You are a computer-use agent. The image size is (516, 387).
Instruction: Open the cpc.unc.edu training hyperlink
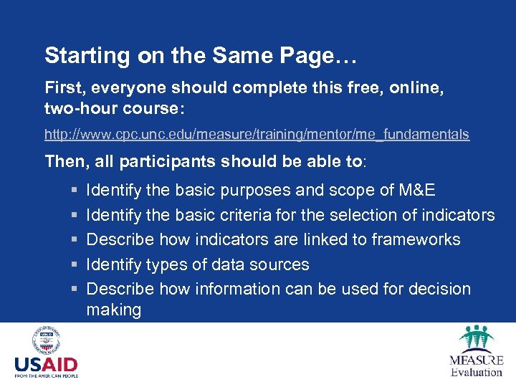257,134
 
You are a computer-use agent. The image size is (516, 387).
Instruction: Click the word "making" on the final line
113,310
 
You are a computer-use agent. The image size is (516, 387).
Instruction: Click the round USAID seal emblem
46,340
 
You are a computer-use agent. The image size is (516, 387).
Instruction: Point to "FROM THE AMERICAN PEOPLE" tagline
46,376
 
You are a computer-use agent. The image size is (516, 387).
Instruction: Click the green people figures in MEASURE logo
476,338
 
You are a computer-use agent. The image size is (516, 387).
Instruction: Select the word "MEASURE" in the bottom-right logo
476,360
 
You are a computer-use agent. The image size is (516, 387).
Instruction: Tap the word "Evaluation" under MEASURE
476,372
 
